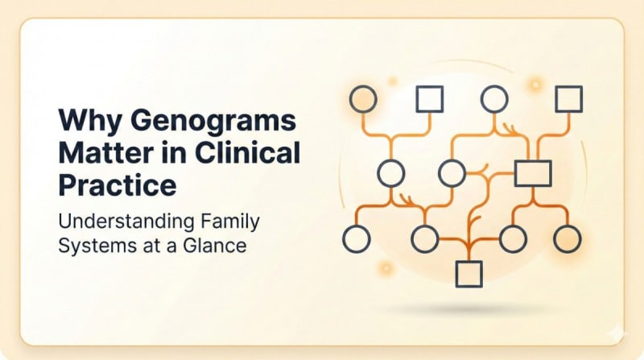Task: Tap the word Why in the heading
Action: click(87, 126)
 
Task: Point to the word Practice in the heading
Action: click(117, 185)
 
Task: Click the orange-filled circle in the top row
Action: click(362, 98)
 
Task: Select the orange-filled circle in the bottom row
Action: click(567, 238)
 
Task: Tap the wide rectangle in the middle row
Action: click(532, 172)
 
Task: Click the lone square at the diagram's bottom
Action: click(469, 274)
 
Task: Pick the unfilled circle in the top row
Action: click(493, 98)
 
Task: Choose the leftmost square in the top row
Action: click(429, 99)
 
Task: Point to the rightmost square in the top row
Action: click(568, 98)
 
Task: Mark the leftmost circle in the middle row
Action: click(390, 172)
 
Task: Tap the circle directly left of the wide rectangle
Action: click(451, 172)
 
